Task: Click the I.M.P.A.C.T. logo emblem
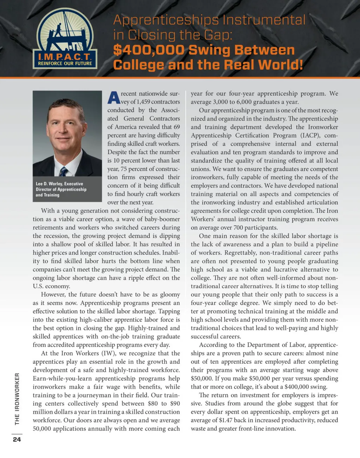click(65, 39)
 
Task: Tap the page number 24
click(17, 439)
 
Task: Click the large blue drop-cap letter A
click(114, 98)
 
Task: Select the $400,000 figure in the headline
click(148, 50)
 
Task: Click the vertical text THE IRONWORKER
click(17, 399)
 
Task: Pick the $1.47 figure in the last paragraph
click(227, 420)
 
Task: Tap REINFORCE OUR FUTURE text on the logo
click(65, 64)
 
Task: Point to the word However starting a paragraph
click(53, 295)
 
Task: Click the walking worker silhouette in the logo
click(59, 30)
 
